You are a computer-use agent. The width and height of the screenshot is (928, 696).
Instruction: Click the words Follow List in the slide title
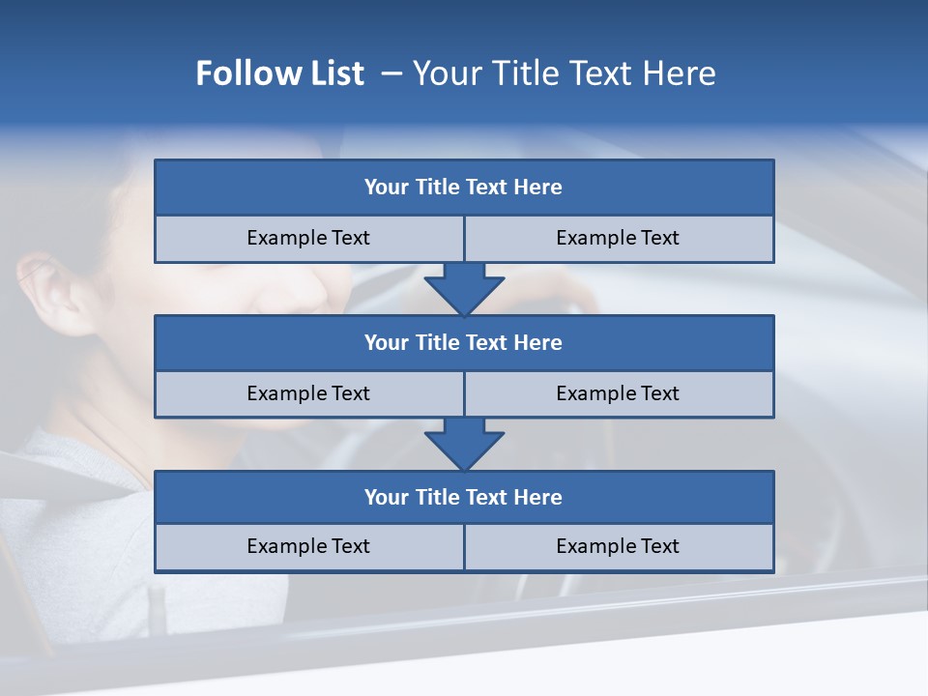(279, 73)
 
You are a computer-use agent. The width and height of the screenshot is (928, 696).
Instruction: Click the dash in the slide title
(391, 73)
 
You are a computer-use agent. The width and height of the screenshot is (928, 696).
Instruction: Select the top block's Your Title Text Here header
(463, 188)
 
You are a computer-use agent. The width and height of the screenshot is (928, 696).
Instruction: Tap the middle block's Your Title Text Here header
(463, 342)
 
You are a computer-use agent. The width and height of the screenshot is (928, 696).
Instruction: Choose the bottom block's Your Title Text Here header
(463, 497)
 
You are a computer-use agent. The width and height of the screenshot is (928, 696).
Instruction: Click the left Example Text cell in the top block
(308, 238)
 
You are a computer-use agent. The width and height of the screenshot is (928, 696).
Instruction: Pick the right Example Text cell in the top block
(618, 238)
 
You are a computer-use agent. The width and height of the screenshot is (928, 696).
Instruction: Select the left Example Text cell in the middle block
(308, 393)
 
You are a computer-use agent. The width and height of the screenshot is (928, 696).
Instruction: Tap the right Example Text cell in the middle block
(618, 393)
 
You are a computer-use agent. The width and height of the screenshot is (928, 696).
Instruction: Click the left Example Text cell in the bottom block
(308, 546)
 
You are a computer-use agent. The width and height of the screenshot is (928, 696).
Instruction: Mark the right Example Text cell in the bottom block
(618, 546)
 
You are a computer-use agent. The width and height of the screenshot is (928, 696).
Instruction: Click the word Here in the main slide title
(682, 73)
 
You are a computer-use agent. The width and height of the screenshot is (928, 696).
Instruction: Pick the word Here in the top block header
(537, 188)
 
